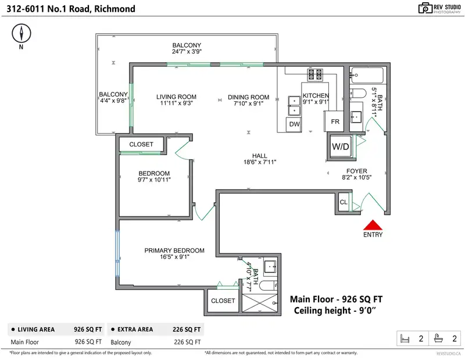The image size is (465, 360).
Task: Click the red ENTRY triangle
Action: coord(373,225)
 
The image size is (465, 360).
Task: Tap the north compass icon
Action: coord(22,33)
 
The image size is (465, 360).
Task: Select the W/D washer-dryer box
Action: coord(341,147)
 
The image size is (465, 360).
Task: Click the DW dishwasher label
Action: coord(295,124)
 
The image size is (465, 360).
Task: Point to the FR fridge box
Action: coord(334,121)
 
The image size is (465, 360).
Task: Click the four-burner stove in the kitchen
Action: coord(315,74)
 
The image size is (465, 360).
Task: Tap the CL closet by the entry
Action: coord(344,202)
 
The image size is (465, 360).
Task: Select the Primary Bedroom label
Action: coord(174,251)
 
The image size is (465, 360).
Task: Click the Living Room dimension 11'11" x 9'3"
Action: coord(177,104)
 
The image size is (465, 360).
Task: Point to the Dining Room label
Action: coord(249,97)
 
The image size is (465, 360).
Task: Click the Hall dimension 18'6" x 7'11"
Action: coord(260,162)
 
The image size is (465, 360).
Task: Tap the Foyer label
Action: coord(357,171)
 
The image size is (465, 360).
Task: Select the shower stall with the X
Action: coord(260,303)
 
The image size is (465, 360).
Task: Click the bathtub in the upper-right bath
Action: coord(367,76)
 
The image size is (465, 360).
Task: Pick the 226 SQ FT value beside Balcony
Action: coord(187,342)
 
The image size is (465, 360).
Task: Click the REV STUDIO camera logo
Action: coord(425,8)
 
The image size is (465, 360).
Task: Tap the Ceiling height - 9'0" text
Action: coord(335,311)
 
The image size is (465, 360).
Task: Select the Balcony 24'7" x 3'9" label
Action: coord(187,48)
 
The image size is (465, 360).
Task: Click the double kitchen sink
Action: coord(294,106)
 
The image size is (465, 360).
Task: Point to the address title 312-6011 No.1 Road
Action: coord(71,9)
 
